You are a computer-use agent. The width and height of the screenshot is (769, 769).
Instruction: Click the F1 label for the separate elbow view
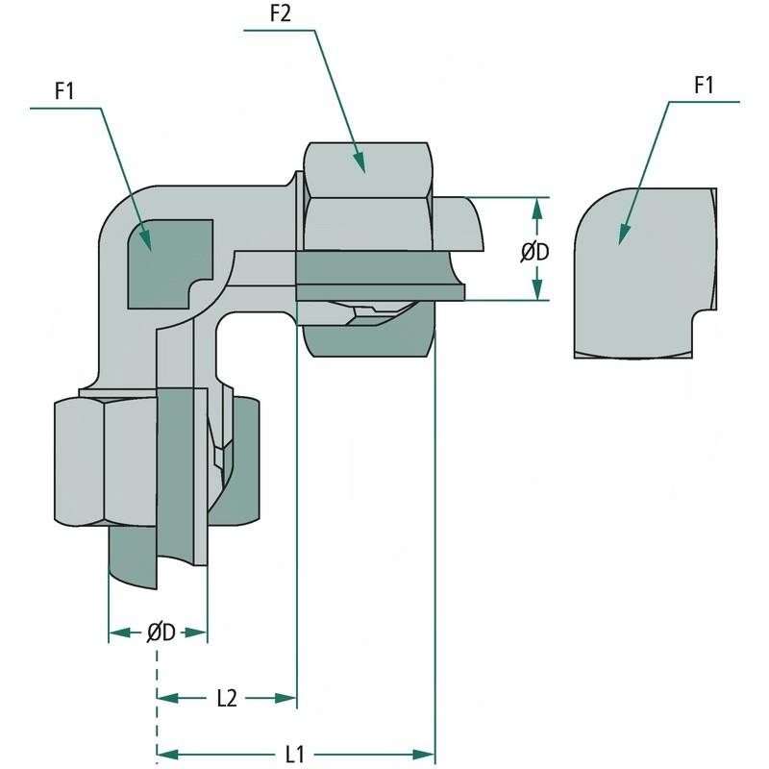click(705, 85)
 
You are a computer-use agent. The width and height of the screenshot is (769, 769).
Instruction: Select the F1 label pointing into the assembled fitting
click(65, 91)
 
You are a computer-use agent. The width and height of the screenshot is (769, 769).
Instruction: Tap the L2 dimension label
click(226, 699)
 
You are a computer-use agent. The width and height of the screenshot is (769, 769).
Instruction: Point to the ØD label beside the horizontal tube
click(535, 252)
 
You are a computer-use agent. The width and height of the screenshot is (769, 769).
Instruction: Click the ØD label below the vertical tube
click(161, 633)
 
